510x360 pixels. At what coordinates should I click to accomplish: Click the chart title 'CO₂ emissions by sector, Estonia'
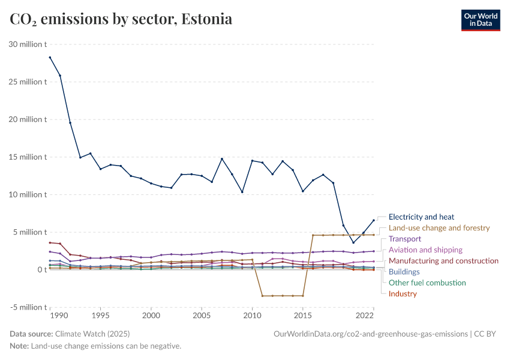121,19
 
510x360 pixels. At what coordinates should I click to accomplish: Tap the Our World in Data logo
480,19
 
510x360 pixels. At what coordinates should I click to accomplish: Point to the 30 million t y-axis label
28,44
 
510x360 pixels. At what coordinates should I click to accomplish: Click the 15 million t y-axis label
28,157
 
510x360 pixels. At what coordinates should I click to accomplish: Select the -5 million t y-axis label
28,307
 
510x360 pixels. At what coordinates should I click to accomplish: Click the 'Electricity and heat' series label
421,217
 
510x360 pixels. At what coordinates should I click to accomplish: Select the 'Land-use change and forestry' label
439,228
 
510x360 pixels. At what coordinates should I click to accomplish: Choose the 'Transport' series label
405,239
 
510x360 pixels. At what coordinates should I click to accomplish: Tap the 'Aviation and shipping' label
425,250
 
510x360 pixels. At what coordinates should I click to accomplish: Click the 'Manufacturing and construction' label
443,261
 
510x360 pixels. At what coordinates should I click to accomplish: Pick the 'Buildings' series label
404,272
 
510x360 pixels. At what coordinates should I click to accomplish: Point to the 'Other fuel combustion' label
427,283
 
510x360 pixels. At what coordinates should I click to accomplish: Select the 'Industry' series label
403,293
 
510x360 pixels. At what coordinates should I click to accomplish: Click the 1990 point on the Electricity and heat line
50,58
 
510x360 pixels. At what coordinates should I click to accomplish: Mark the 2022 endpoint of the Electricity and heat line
373,220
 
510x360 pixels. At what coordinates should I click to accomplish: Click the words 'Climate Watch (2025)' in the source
92,334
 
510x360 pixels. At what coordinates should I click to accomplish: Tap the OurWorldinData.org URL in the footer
370,334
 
